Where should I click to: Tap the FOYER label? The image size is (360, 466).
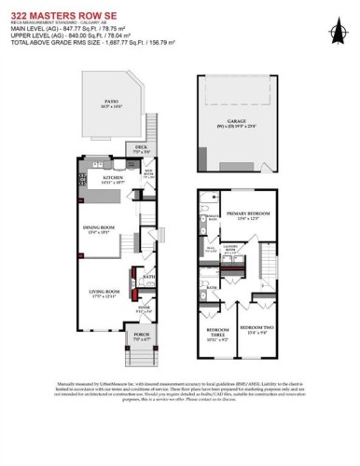coord(145,306)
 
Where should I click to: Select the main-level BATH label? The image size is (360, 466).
coord(148,277)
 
